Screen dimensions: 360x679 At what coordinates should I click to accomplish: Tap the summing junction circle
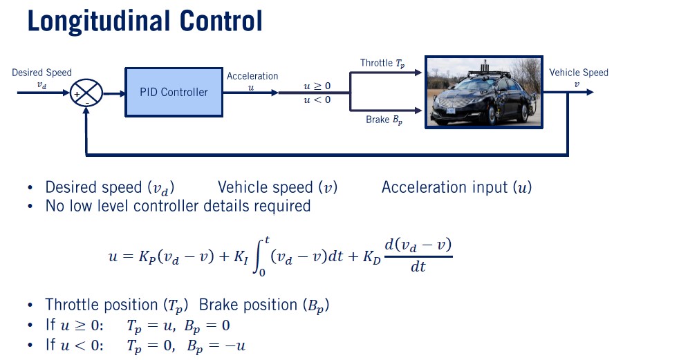87,92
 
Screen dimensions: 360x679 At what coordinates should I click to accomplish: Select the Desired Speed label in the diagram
41,73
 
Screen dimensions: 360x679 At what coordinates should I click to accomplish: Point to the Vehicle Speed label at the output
578,73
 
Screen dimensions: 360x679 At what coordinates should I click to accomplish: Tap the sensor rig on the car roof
487,69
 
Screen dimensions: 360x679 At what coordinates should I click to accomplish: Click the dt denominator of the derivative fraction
418,267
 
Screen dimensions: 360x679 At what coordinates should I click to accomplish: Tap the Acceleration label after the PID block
252,76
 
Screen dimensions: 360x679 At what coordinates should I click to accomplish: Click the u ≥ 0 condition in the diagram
317,86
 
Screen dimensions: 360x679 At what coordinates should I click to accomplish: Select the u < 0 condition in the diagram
317,100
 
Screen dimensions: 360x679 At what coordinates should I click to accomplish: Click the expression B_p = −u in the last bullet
216,345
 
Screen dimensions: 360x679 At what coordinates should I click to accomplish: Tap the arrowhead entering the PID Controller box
120,92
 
